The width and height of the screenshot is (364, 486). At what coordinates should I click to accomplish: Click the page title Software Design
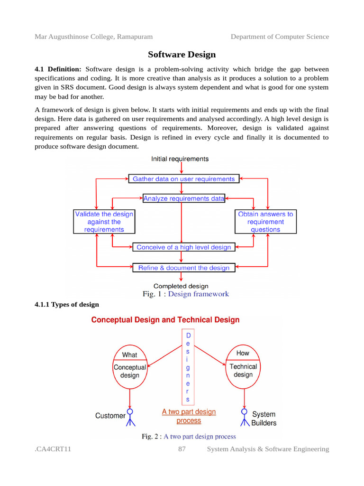(182, 55)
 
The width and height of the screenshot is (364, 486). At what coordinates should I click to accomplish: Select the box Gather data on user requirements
(183, 179)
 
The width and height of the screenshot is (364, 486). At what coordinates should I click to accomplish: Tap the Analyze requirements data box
(184, 198)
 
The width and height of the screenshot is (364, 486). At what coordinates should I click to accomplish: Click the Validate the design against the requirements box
(104, 222)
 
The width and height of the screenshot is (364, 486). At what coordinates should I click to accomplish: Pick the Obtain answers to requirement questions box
(265, 222)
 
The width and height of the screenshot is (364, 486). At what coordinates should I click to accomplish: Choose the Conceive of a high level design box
(183, 247)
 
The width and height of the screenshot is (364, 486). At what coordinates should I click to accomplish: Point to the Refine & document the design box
(183, 268)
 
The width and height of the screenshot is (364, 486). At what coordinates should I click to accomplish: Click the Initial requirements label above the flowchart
(180, 159)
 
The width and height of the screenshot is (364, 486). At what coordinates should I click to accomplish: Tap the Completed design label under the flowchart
(181, 286)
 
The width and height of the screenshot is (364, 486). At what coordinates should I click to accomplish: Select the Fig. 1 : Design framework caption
(185, 294)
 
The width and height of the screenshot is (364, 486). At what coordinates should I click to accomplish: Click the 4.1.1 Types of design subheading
(67, 304)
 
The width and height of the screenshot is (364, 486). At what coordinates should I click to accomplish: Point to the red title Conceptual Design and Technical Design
(165, 320)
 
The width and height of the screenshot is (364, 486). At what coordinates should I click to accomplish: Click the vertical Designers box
(188, 367)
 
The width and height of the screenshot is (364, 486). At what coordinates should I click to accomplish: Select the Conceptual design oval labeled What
(129, 366)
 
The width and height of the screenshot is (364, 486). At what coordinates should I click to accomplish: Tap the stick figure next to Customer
(130, 416)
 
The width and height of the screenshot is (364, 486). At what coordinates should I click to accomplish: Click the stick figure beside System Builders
(245, 416)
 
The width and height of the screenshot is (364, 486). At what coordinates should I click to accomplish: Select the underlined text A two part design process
(189, 416)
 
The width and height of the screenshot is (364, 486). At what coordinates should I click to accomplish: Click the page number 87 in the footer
(182, 449)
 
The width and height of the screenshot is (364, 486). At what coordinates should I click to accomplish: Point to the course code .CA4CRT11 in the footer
(53, 449)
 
